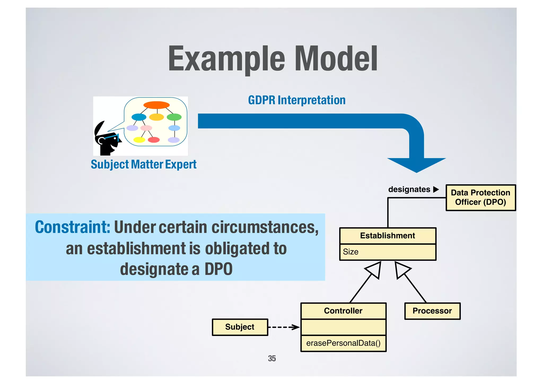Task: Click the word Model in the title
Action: [x=336, y=59]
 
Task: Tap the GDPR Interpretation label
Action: [x=297, y=100]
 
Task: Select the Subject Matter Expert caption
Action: [x=143, y=165]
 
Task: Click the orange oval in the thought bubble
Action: [x=156, y=105]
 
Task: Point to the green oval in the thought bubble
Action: [x=174, y=117]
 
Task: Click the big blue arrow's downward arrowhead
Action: [x=416, y=165]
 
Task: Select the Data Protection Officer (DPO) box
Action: [x=480, y=197]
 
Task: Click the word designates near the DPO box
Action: [x=409, y=189]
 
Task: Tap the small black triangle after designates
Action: [x=436, y=189]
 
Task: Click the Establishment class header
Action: [x=387, y=236]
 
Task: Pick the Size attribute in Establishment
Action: [x=351, y=252]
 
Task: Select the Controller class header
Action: [x=343, y=311]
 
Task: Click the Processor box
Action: [x=432, y=311]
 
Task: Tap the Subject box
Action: [x=240, y=327]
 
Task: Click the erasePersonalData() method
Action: [x=343, y=343]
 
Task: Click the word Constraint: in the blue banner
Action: [x=72, y=227]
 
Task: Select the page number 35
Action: [x=272, y=359]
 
